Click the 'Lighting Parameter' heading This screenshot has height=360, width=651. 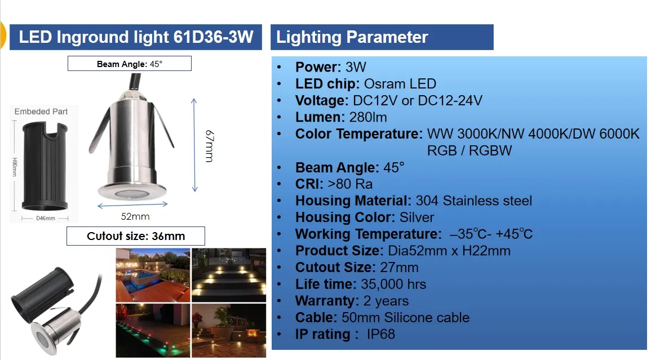[x=352, y=37]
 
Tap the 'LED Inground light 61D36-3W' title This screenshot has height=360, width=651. [x=136, y=37]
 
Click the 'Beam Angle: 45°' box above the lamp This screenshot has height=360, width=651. [x=130, y=64]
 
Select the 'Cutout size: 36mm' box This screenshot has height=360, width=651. [x=136, y=236]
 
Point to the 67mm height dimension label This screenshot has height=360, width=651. [x=210, y=146]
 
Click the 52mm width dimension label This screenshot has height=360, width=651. [x=135, y=216]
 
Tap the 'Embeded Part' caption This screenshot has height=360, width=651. [x=41, y=112]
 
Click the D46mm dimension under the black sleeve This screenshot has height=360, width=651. [x=46, y=218]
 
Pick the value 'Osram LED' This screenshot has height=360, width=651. [x=400, y=84]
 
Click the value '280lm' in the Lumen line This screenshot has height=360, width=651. [x=368, y=117]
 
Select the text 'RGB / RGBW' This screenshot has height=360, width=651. [x=470, y=150]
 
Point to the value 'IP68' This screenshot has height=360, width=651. [x=380, y=334]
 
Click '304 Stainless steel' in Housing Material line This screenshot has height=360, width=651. [x=473, y=201]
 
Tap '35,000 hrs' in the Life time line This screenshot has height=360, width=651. [x=393, y=284]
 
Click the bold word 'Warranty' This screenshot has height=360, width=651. [x=325, y=301]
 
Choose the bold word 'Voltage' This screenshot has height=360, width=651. [x=320, y=100]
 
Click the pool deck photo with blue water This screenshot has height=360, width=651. [x=153, y=275]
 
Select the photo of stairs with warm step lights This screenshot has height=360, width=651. [x=229, y=275]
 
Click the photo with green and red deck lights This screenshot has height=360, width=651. [x=153, y=331]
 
